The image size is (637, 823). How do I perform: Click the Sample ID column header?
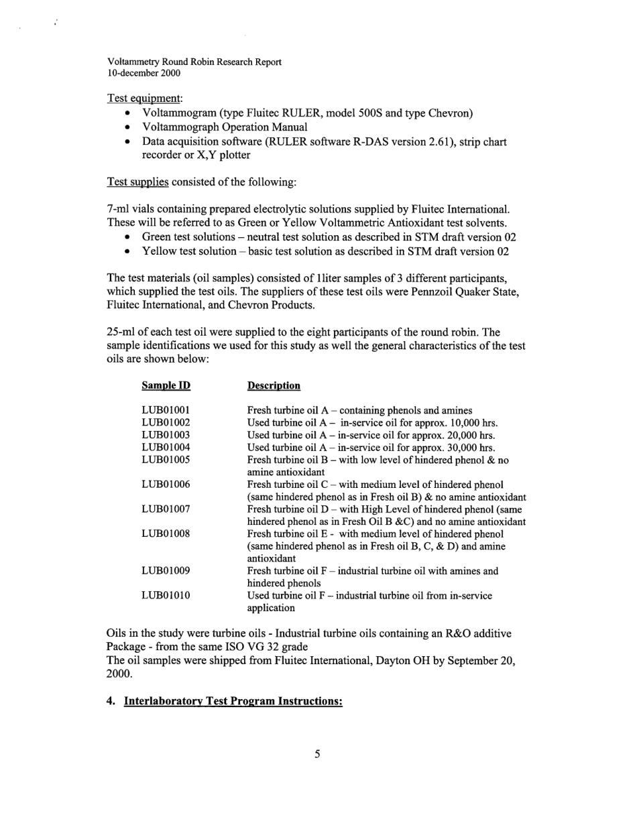pyautogui.click(x=166, y=386)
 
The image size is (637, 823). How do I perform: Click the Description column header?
pyautogui.click(x=274, y=386)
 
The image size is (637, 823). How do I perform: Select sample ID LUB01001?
pyautogui.click(x=166, y=411)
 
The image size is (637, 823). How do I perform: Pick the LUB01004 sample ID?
pyautogui.click(x=166, y=448)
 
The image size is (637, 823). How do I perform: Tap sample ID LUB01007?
pyautogui.click(x=166, y=509)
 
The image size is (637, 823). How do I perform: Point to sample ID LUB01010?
pyautogui.click(x=166, y=596)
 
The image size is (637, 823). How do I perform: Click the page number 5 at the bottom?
pyautogui.click(x=317, y=755)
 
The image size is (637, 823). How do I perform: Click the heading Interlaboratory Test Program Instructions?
pyautogui.click(x=233, y=701)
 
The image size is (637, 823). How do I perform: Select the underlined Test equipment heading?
pyautogui.click(x=145, y=99)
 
